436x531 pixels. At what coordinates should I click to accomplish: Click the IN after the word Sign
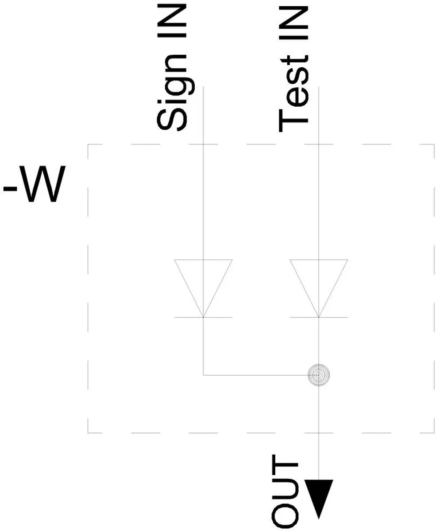172,21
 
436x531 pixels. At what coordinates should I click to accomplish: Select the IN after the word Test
293,23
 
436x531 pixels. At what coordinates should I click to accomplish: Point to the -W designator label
34,184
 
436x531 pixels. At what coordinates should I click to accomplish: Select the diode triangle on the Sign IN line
203,288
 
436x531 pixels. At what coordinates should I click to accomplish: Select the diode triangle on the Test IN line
319,288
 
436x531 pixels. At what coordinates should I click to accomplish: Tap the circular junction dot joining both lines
319,375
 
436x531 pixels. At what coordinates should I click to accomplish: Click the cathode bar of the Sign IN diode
203,317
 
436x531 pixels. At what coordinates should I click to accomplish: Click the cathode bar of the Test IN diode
319,317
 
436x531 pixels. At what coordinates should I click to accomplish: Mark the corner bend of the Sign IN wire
203,375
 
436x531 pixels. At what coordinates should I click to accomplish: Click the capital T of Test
293,120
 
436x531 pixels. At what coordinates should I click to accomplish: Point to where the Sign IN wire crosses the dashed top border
203,144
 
